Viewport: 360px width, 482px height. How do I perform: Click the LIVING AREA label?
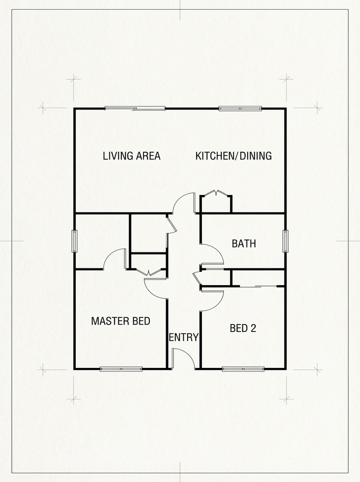(131, 156)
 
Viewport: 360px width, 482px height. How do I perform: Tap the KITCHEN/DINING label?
(233, 156)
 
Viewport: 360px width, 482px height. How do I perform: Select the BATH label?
(244, 243)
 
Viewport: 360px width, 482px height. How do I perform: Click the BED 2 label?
(243, 328)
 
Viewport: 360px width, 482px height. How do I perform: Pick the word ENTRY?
(184, 337)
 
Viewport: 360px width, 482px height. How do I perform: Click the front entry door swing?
(182, 357)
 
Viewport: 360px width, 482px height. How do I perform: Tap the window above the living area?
(135, 108)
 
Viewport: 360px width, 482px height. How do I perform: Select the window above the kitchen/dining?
(240, 108)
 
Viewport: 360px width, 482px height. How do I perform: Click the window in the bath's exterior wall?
(285, 241)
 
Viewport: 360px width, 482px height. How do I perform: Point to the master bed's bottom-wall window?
(121, 369)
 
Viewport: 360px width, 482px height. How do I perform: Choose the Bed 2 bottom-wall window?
(243, 369)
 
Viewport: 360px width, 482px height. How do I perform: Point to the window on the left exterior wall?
(74, 241)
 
